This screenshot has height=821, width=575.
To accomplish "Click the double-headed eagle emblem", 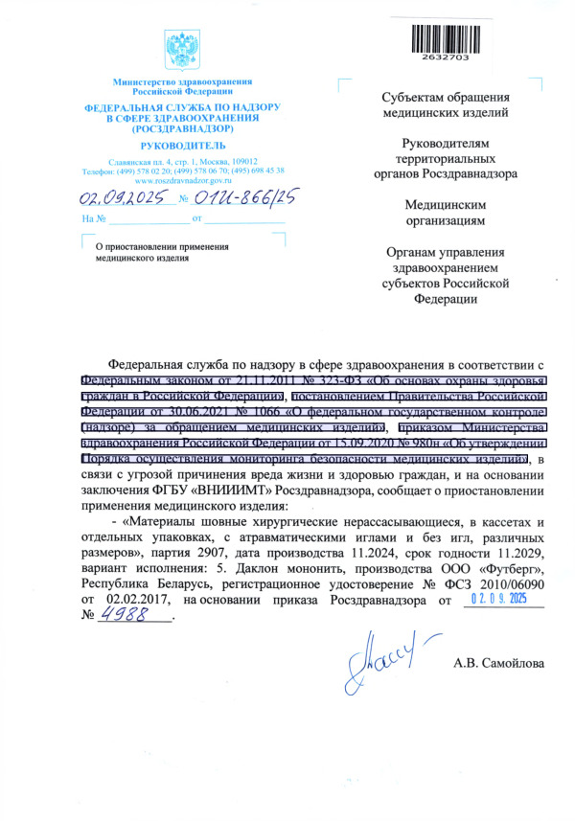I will [182, 47].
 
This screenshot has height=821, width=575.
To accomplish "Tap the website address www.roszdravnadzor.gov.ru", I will [182, 180].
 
